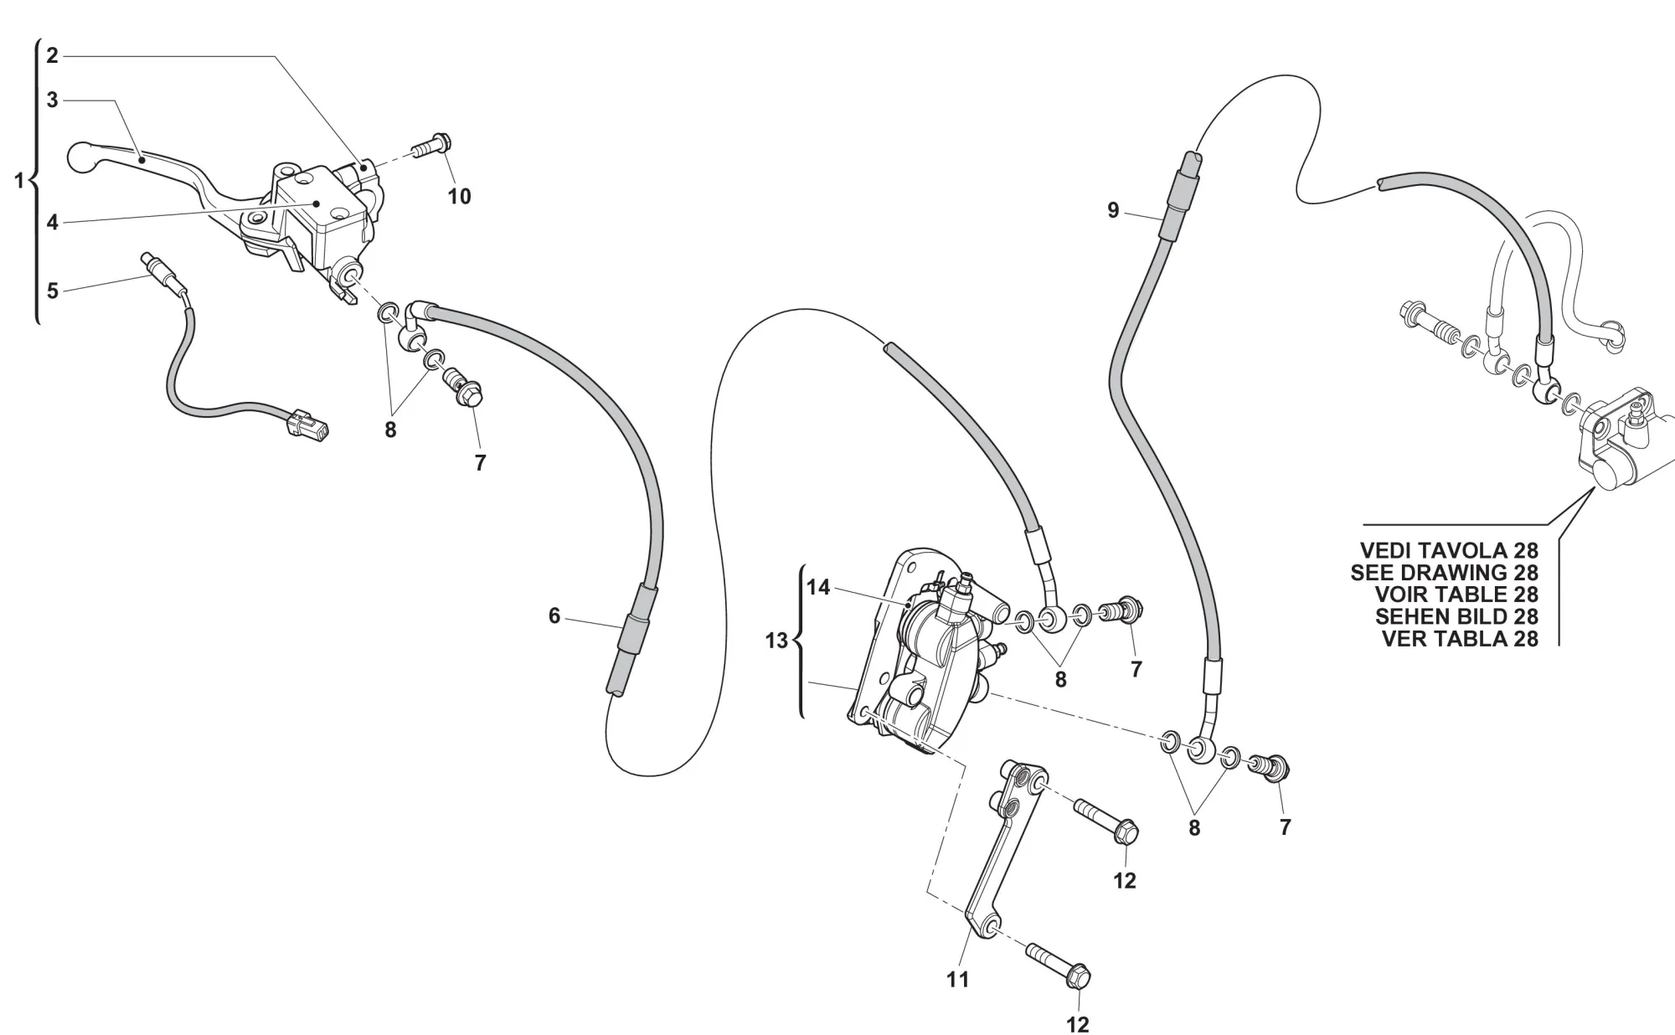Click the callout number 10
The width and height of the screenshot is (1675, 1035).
pyautogui.click(x=460, y=197)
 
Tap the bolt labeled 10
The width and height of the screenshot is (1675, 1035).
pyautogui.click(x=432, y=148)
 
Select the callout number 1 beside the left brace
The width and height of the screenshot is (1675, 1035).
pyautogui.click(x=19, y=179)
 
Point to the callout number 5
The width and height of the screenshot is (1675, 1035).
pyautogui.click(x=52, y=291)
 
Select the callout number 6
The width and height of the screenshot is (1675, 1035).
pyautogui.click(x=554, y=616)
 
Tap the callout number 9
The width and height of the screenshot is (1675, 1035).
pyautogui.click(x=1113, y=210)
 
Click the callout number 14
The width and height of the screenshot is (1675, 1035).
pyautogui.click(x=818, y=588)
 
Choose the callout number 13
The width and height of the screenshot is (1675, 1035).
pyautogui.click(x=776, y=641)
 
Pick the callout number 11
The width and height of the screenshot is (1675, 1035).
pyautogui.click(x=958, y=979)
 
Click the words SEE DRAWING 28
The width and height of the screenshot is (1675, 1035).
pyautogui.click(x=1444, y=573)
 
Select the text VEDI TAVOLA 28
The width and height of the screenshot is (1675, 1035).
pyautogui.click(x=1449, y=550)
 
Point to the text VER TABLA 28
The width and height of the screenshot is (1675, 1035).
pyautogui.click(x=1459, y=638)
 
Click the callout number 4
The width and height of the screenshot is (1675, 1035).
pyautogui.click(x=52, y=223)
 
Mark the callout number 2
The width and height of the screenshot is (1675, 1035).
pyautogui.click(x=52, y=56)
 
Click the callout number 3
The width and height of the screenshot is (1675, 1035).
pyautogui.click(x=52, y=100)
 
